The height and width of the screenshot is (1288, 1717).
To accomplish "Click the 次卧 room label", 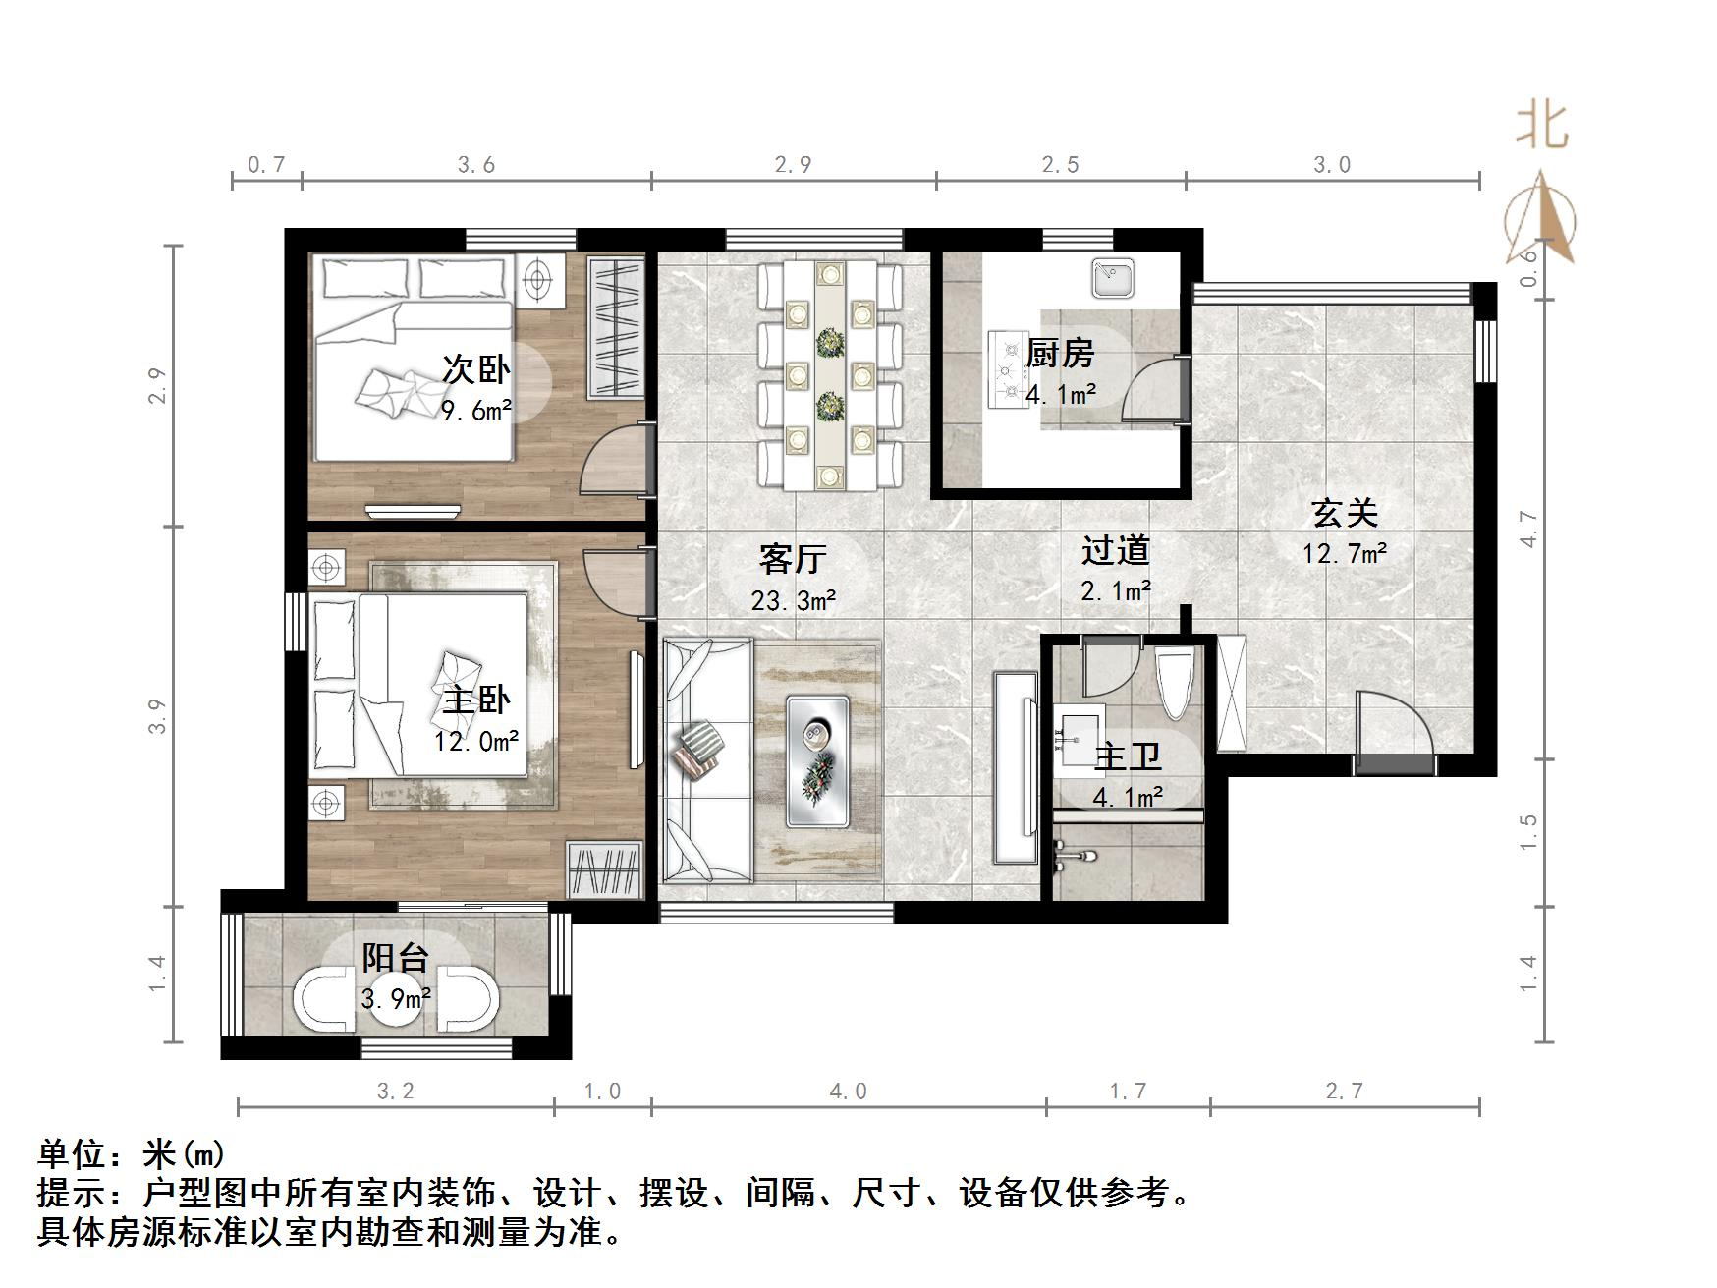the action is click(476, 369).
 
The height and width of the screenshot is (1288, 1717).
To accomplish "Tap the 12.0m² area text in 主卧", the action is click(476, 741).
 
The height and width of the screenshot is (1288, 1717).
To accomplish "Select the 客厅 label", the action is click(793, 559).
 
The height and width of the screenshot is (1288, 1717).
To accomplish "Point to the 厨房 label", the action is click(1060, 353).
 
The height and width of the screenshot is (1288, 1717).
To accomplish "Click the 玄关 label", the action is click(1345, 513).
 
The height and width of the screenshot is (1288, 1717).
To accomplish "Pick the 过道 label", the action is click(1115, 550).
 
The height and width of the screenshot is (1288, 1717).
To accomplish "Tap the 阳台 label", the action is click(396, 957).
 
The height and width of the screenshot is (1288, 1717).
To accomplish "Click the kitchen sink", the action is click(1114, 278).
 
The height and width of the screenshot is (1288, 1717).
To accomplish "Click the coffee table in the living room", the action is click(818, 761).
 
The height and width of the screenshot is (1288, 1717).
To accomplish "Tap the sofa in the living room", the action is click(707, 760).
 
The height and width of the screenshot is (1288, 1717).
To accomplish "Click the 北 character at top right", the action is click(1542, 126).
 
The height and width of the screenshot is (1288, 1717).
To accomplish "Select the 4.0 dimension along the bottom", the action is click(848, 1092).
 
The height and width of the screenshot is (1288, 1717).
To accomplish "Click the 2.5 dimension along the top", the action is click(1061, 165).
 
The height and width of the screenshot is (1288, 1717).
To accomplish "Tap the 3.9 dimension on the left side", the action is click(158, 716).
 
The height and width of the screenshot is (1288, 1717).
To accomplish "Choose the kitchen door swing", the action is click(1154, 390).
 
